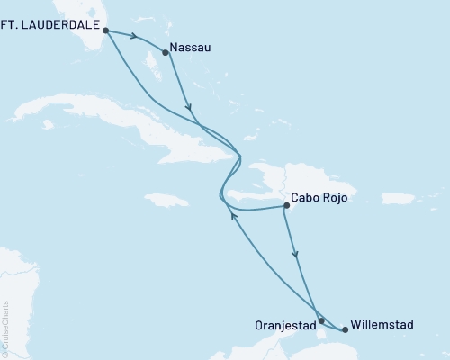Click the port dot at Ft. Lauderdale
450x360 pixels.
click(x=106, y=30)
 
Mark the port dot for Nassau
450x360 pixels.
click(x=165, y=52)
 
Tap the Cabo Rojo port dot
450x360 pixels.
click(x=287, y=206)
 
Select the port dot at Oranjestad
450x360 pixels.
click(x=321, y=320)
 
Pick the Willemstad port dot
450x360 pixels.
click(x=345, y=329)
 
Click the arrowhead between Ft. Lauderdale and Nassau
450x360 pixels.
click(x=134, y=38)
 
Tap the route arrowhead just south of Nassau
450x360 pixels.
click(x=189, y=110)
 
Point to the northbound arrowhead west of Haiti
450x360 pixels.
click(x=234, y=216)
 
